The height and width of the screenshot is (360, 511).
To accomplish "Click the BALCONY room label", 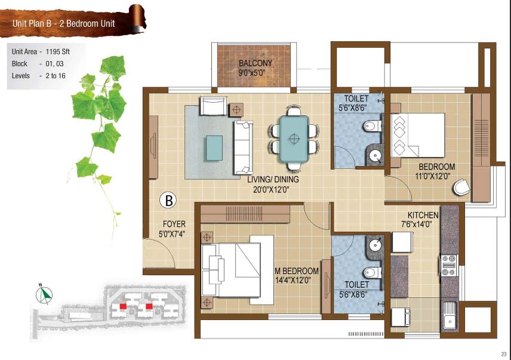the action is coord(255,63).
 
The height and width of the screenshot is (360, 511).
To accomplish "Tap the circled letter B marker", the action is coord(168,201).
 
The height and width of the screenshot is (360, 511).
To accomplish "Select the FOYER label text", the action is coord(174,224).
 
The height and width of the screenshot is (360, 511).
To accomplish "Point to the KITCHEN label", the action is coord(423,215).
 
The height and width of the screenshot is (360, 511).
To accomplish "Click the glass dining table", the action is coord(294,139).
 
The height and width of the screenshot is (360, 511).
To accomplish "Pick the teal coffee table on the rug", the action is coord(214,148).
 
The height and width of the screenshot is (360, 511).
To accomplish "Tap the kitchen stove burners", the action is coord(449,265).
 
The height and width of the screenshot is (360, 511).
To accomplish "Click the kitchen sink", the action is coord(450,315).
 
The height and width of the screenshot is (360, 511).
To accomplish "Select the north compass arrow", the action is coord(44,295).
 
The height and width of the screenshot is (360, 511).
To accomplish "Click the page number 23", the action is coord(504,354).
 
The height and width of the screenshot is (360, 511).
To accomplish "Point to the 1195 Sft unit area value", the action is coord(58,51).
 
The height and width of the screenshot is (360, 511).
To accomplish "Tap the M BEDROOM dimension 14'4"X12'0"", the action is coord(293,280).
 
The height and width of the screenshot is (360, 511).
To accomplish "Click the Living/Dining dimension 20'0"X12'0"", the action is coord(271,189).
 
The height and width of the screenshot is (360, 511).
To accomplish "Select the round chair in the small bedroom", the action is coord(462,187).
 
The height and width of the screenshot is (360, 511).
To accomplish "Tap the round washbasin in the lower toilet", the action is coord(375,244).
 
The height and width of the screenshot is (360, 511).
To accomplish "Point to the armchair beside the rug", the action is coord(213,106).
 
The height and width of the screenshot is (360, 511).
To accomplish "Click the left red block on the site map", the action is coord(123,306).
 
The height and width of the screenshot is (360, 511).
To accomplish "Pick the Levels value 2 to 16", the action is coord(56,76).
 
